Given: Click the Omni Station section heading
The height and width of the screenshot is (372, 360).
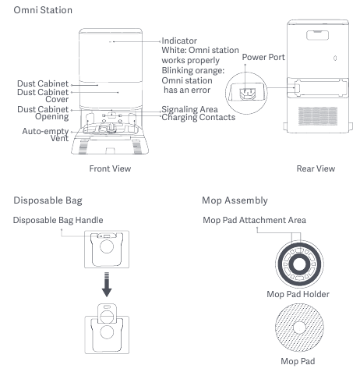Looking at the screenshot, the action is (x=43, y=10).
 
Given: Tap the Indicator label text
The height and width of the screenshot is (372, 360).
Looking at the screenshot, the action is (x=179, y=41).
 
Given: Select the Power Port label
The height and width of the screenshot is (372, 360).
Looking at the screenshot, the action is (x=263, y=57).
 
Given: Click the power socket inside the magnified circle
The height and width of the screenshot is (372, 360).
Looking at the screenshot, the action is (x=248, y=94).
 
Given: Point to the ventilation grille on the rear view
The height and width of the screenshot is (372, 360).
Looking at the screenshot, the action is (x=318, y=116).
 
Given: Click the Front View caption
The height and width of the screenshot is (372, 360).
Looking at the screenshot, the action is (x=110, y=168).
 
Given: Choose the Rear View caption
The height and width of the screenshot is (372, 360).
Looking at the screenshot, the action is (x=316, y=168).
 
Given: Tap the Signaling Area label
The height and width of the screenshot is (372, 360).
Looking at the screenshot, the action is (x=189, y=109).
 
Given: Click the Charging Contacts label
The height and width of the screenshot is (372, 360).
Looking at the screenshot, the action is (x=199, y=117).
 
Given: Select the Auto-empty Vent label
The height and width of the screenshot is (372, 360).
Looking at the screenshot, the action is (x=45, y=134).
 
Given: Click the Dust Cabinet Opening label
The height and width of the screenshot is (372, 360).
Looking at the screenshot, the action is (x=43, y=113).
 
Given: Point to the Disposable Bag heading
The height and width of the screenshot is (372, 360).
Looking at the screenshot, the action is (x=48, y=200).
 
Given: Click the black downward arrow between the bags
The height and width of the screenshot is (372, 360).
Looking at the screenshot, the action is (x=107, y=285).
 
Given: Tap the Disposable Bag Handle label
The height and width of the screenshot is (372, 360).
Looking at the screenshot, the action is (x=58, y=220).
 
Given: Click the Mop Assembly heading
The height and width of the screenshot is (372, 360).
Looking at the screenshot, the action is (x=235, y=200).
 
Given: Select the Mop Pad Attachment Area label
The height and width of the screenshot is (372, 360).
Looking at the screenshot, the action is (x=255, y=220).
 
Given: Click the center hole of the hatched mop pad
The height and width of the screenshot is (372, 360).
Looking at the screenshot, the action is (x=299, y=328).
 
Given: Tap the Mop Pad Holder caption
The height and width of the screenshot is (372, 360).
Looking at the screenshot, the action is (x=298, y=294).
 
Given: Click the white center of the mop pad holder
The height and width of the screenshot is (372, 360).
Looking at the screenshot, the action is (x=299, y=264).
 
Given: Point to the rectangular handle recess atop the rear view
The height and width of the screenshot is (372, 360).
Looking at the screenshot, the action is (x=317, y=35).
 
